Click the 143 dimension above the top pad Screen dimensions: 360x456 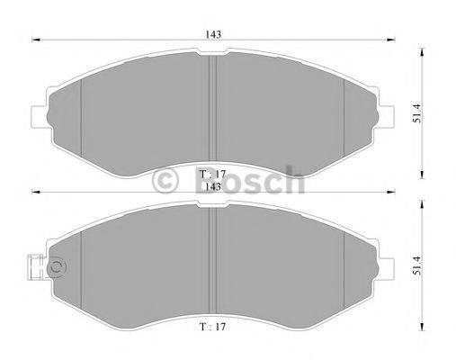coord(213,33)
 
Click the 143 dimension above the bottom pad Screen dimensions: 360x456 coord(213,186)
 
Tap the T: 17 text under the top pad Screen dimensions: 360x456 coord(212,173)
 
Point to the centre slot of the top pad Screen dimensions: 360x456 coord(212,108)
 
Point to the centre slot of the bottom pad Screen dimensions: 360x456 coord(212,261)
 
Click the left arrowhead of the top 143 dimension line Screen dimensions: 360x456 coord(36,40)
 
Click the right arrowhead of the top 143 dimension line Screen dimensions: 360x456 coord(389,40)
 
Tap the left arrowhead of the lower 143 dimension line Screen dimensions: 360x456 coord(36,193)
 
